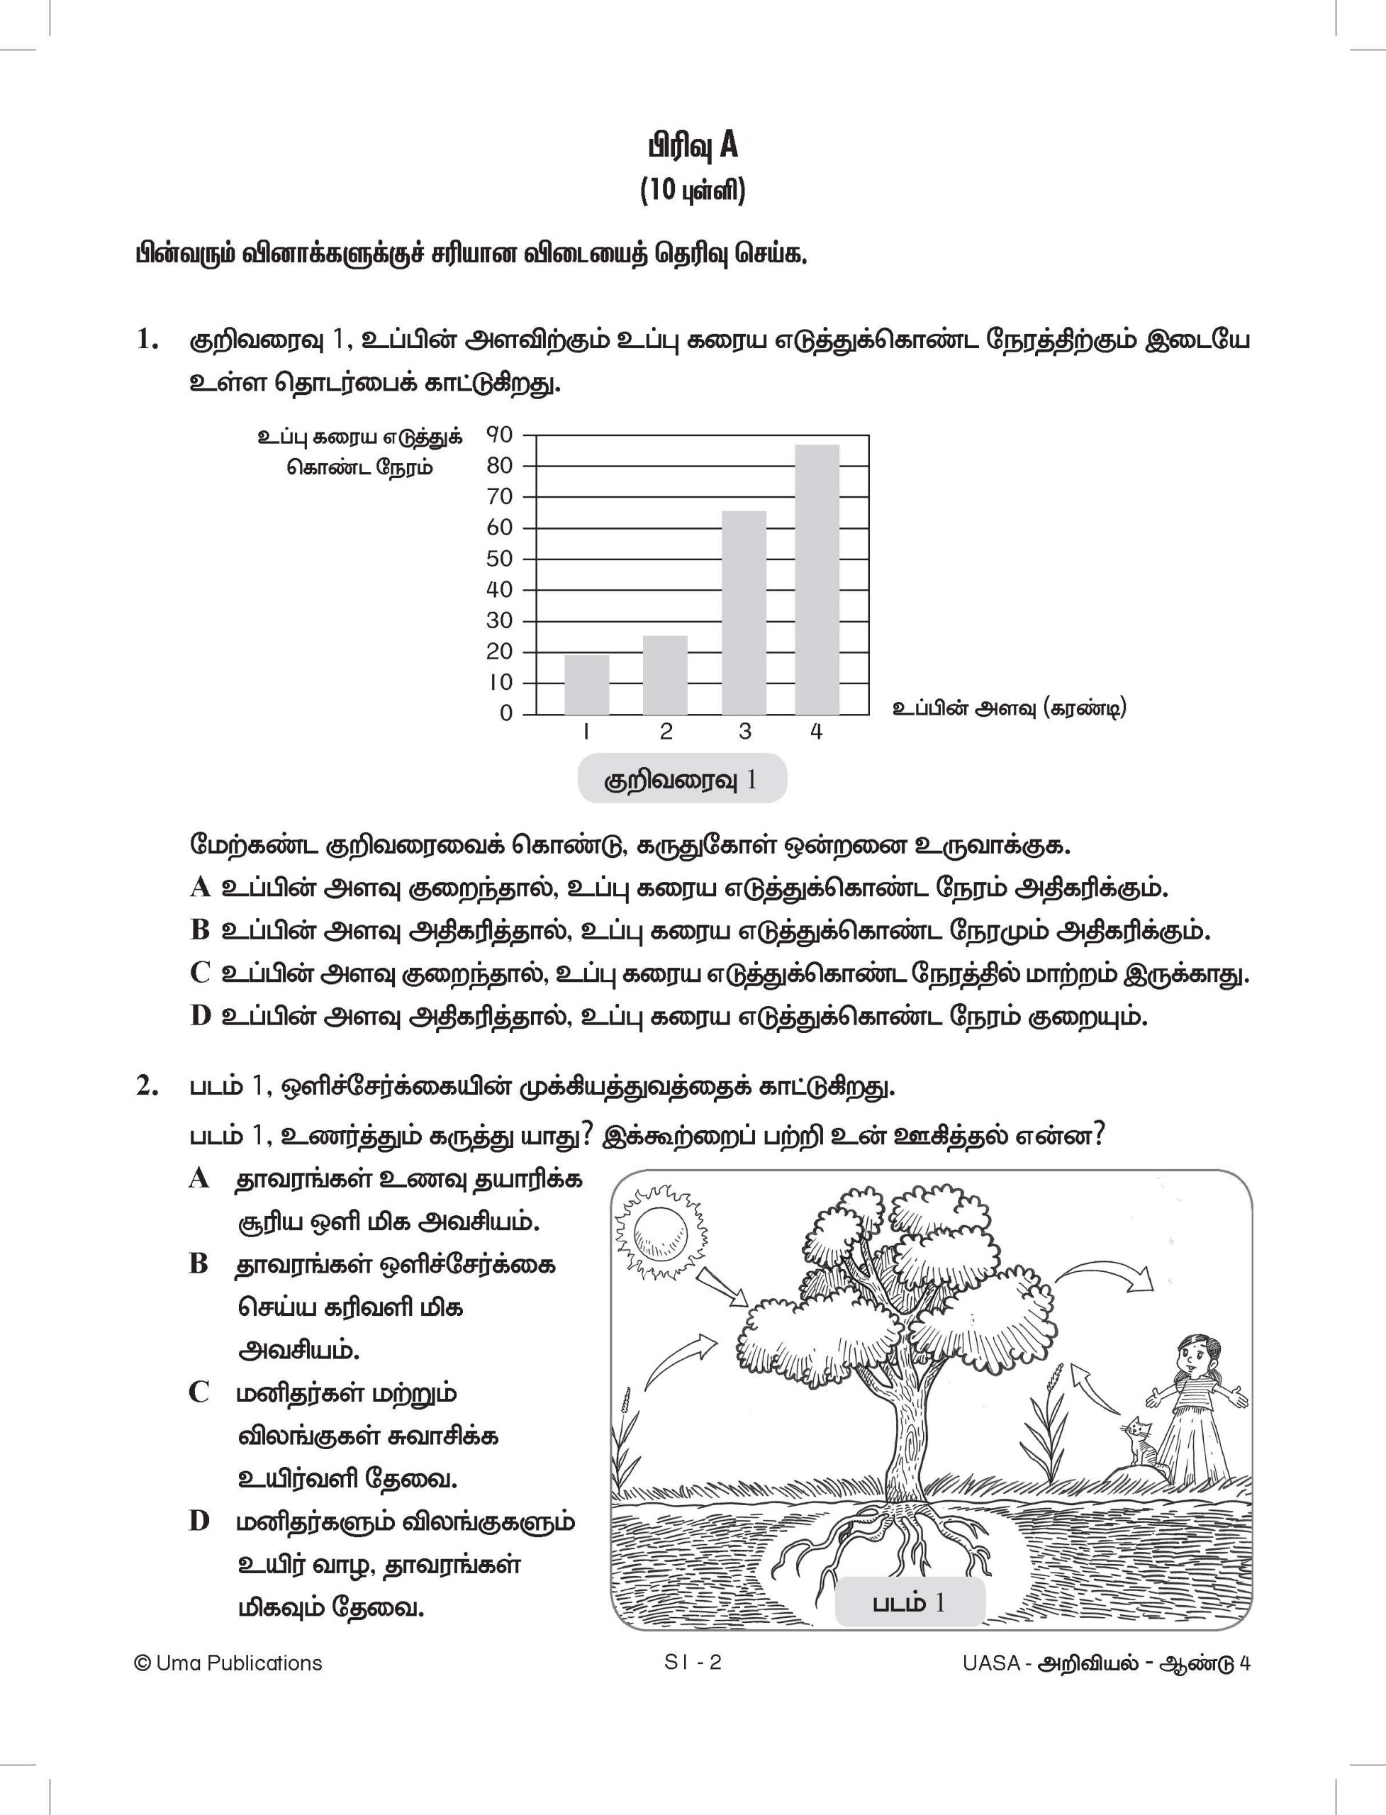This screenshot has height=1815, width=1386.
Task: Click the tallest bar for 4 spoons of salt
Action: point(817,579)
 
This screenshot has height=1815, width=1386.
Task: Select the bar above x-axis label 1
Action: point(586,685)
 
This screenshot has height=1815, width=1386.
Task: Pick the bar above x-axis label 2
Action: point(665,675)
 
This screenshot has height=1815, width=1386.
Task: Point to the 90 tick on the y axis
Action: point(499,435)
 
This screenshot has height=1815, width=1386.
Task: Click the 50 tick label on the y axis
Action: point(499,559)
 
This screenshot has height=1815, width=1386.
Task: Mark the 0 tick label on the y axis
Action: point(505,714)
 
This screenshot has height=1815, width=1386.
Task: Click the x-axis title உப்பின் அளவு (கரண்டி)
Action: point(1009,708)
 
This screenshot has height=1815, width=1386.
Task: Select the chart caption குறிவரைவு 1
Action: point(681,780)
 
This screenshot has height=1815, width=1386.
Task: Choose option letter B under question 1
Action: point(200,931)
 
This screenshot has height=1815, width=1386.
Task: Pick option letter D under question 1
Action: point(200,1017)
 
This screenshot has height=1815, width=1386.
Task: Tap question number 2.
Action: point(146,1088)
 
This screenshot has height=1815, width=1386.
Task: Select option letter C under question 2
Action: point(199,1392)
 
